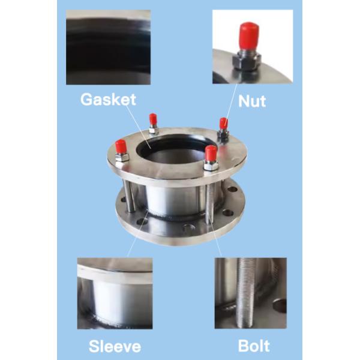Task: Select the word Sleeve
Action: coord(115,346)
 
